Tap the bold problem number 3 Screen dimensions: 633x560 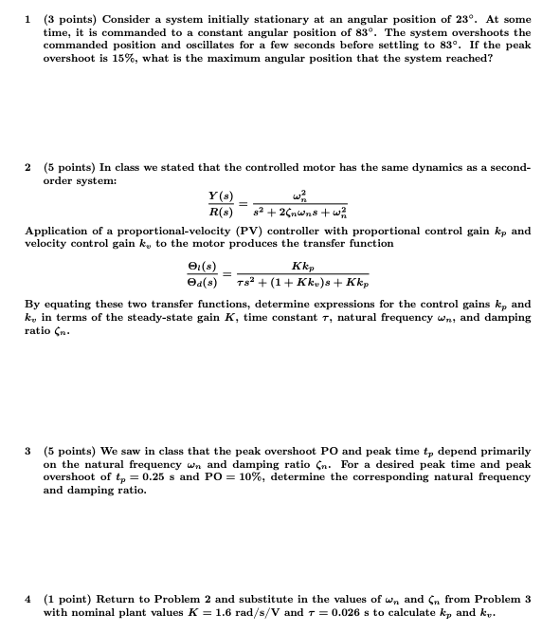[x=28, y=450]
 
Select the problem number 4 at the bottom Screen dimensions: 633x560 [x=28, y=599]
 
